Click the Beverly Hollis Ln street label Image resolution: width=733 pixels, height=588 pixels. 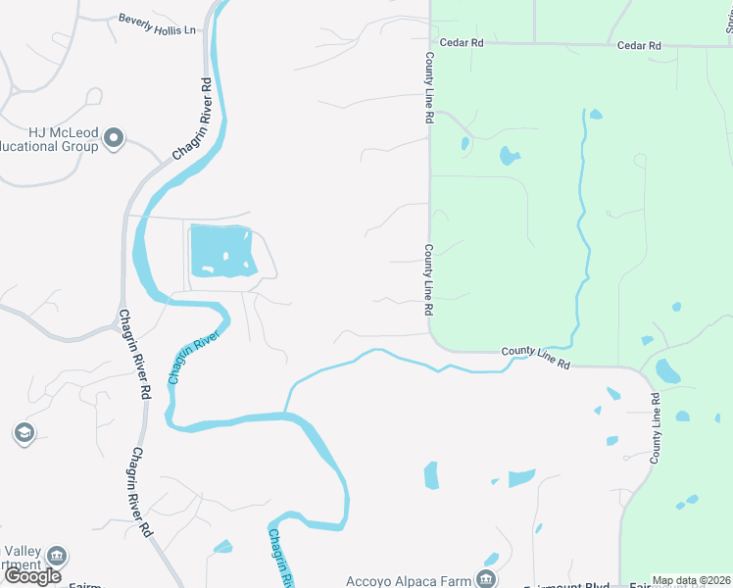[x=157, y=24]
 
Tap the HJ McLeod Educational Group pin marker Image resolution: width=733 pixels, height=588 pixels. [x=115, y=138]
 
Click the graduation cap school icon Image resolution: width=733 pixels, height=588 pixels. [x=24, y=433]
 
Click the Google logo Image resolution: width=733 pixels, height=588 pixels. [x=32, y=576]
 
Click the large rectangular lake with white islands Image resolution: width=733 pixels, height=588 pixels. [x=221, y=251]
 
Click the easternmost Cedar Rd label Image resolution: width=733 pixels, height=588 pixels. [x=639, y=45]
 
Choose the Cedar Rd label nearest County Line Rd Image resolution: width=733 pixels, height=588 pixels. [x=463, y=43]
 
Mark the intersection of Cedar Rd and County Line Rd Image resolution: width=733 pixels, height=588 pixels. [x=429, y=43]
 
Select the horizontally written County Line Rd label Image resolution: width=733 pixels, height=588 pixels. [x=536, y=357]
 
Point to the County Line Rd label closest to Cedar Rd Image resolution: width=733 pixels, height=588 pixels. [x=429, y=87]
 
